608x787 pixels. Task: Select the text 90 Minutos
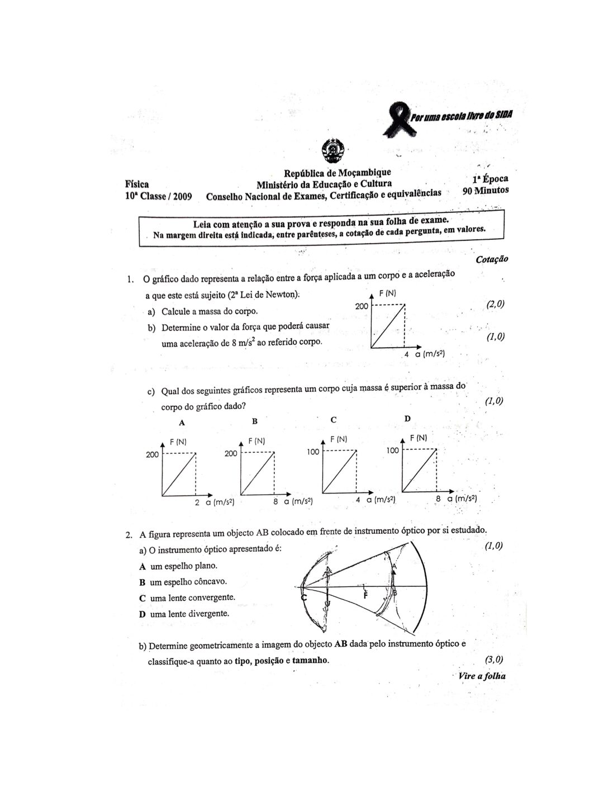point(485,190)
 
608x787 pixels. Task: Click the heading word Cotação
point(492,259)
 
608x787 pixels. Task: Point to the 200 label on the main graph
point(362,306)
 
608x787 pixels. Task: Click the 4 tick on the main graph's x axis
point(407,354)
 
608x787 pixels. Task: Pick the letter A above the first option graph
point(182,423)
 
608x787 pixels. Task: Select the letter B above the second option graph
point(255,421)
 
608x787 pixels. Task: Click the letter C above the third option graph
point(334,420)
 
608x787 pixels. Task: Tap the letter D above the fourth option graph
point(407,418)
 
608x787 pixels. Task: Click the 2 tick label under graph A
point(197,502)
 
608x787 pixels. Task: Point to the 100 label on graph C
point(312,452)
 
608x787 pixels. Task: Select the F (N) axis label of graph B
point(257,441)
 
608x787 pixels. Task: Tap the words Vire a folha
point(482,676)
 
